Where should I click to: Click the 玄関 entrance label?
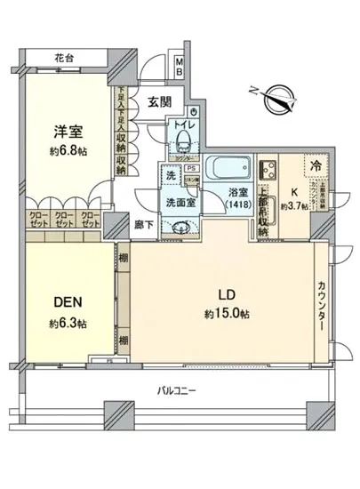click(161, 100)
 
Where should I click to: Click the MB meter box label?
click(179, 65)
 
